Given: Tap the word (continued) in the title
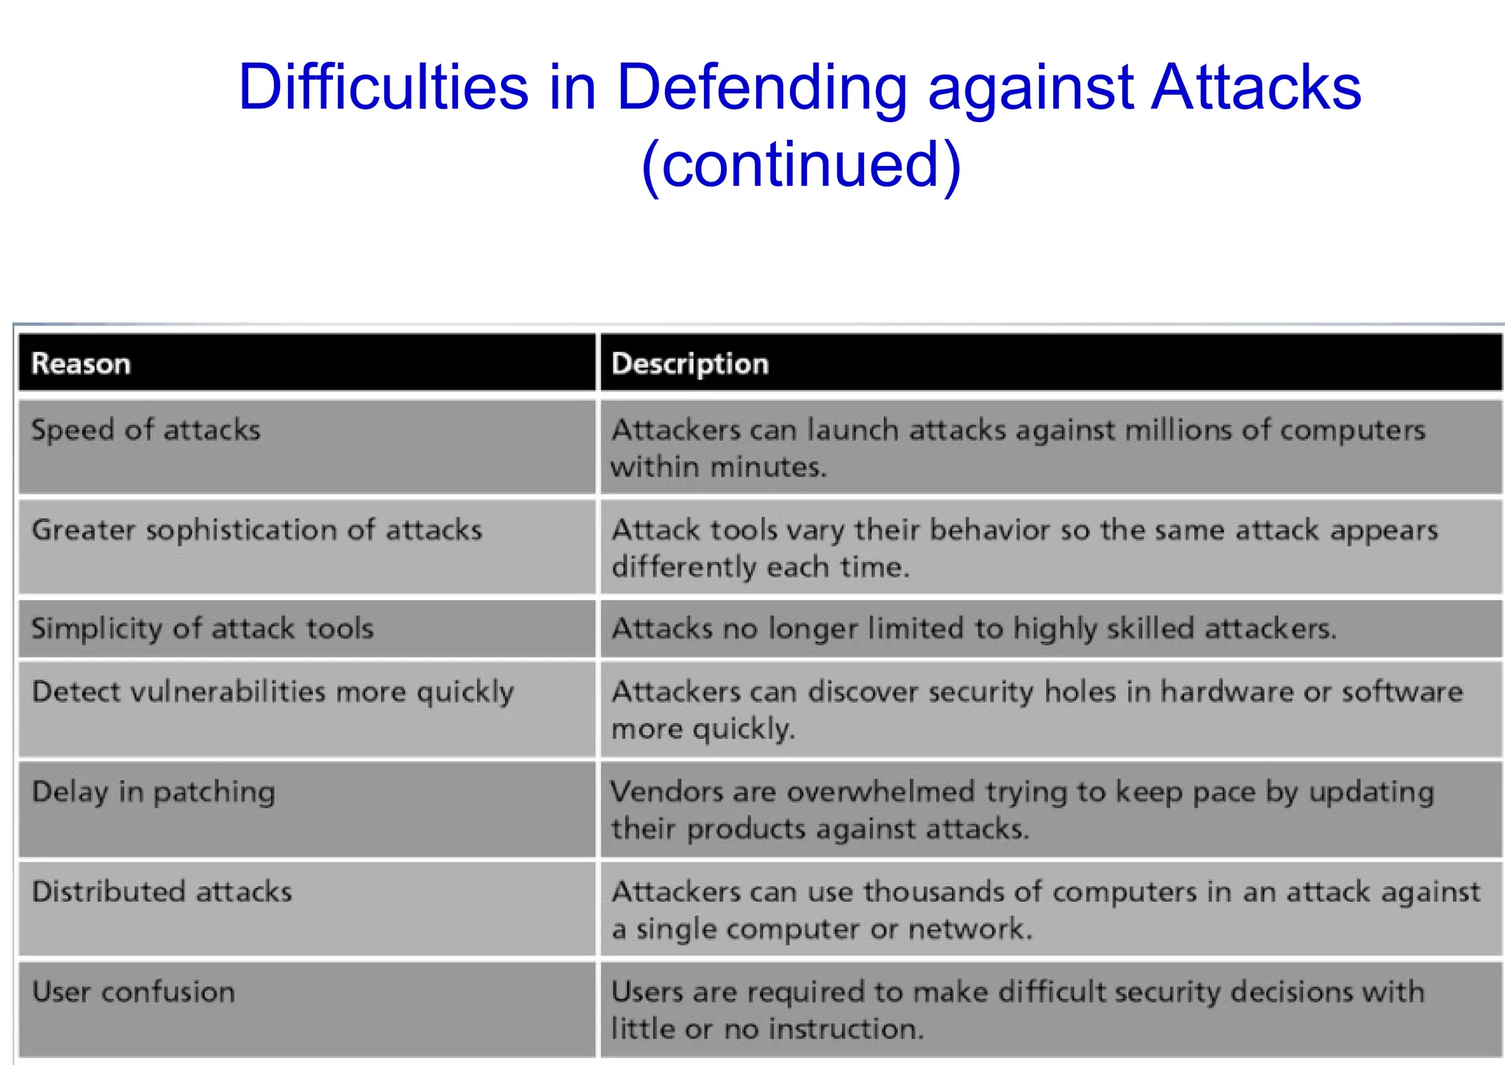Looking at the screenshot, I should coord(800,163).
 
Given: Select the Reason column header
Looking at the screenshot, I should coord(81,364).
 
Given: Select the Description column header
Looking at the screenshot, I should coord(689,364).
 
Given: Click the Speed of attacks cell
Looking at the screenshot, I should coord(146,430).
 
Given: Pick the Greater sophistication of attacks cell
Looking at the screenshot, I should coord(256,530).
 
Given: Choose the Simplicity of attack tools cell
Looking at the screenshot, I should coord(202,629).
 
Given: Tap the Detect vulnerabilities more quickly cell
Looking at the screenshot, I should coord(273,692).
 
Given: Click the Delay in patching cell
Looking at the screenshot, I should coord(154,792).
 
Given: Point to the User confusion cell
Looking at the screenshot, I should coord(133,992).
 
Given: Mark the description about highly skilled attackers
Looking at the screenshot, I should coord(974,629).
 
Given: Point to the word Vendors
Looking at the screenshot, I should coord(666,792).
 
